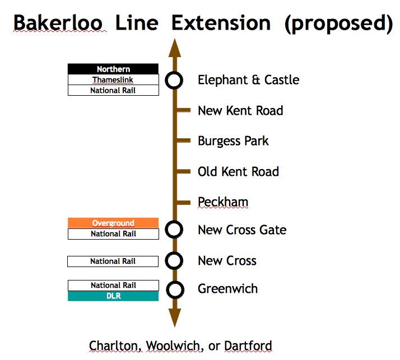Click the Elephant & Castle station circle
point(174,80)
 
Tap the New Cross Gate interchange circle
point(174,229)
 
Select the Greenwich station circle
point(175,289)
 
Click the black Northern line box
point(113,69)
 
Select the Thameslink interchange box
point(113,80)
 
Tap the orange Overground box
point(113,223)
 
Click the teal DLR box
point(113,296)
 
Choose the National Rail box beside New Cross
point(113,261)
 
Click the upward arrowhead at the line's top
point(174,48)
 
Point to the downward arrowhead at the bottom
point(174,319)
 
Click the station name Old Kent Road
point(238,171)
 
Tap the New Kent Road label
point(240,110)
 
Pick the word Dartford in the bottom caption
point(248,345)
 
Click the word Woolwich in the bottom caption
point(174,345)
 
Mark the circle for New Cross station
point(175,260)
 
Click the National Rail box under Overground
point(113,234)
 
